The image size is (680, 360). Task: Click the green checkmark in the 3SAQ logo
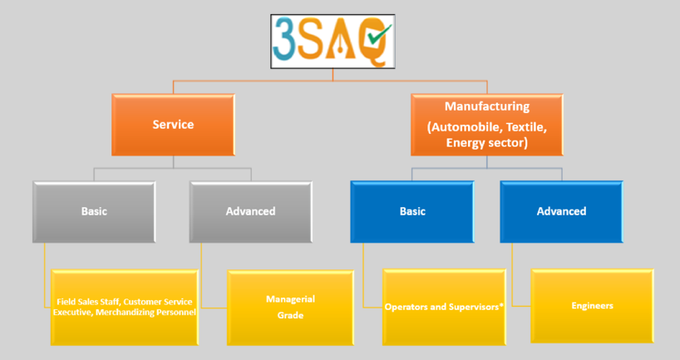tap(380, 34)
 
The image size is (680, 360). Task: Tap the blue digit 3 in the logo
tap(284, 38)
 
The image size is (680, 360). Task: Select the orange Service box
tap(173, 125)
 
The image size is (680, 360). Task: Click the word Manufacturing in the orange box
tap(487, 106)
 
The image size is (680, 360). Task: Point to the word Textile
tap(526, 127)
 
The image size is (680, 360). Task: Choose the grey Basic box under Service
tap(94, 211)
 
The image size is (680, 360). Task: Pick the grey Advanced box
tap(251, 211)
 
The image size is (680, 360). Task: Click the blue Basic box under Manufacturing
tap(412, 211)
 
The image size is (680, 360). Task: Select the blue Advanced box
tap(562, 211)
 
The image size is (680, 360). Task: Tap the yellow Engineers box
tap(592, 306)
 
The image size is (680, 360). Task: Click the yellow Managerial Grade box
tap(290, 308)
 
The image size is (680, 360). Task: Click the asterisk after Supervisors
tap(501, 305)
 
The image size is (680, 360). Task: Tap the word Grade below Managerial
tap(290, 315)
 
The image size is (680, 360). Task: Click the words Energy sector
tap(487, 143)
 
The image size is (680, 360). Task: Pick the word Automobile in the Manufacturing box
tap(465, 127)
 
